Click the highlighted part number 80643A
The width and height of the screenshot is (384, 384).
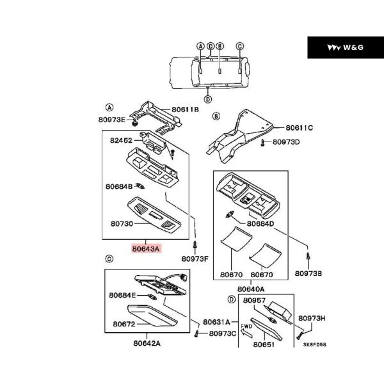[x=146, y=249]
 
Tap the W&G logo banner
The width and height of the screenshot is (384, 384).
[x=346, y=47]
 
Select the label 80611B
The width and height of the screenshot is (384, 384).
[x=185, y=109]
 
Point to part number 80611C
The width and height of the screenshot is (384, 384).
[x=300, y=127]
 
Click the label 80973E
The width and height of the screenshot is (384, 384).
[x=111, y=120]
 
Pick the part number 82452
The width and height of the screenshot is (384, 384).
[x=121, y=140]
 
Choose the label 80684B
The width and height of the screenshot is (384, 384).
[x=119, y=187]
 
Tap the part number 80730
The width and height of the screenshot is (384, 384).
[x=122, y=223]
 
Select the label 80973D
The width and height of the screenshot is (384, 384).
[x=286, y=142]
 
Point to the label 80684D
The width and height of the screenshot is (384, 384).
[x=260, y=223]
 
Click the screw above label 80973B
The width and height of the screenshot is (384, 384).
[x=308, y=257]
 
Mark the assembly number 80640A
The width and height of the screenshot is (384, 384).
[x=251, y=289]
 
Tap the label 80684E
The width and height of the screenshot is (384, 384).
[x=122, y=295]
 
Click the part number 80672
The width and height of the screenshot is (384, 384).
[x=124, y=324]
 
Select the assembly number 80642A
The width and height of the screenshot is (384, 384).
[x=147, y=343]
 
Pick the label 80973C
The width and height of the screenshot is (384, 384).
[x=222, y=333]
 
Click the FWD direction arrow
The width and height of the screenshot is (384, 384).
[x=246, y=333]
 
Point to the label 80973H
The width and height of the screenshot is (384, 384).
[x=312, y=318]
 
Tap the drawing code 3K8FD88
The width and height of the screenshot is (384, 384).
[x=315, y=344]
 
